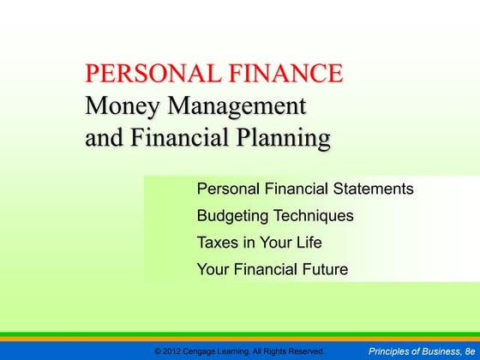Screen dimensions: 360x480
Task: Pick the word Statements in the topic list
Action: (378, 189)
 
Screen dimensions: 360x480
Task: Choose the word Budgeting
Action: (234, 216)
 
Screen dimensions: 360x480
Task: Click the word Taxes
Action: (218, 243)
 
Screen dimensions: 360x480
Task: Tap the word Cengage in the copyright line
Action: (206, 351)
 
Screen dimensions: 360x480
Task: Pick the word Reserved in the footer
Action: (304, 351)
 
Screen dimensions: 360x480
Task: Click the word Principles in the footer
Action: (390, 351)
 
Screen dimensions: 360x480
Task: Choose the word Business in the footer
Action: (441, 351)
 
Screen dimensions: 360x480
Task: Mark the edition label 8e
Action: (467, 351)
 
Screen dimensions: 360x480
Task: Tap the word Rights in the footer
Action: (274, 351)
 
